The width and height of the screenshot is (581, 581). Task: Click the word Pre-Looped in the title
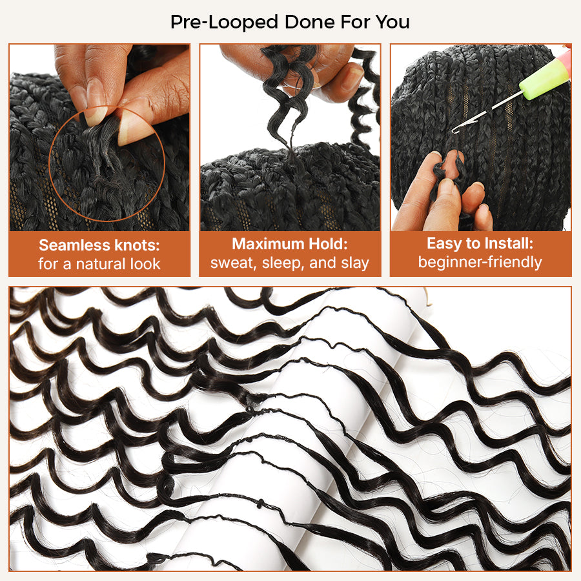point(224,22)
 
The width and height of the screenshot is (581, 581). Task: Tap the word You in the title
point(392,22)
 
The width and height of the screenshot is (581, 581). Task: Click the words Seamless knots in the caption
point(99,245)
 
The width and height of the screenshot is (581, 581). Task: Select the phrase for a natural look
point(99,264)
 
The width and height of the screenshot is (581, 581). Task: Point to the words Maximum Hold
point(290,244)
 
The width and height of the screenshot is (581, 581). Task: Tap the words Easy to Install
point(480,243)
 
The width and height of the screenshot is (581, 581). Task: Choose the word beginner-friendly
point(480,262)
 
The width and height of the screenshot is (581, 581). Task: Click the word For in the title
point(355,22)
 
